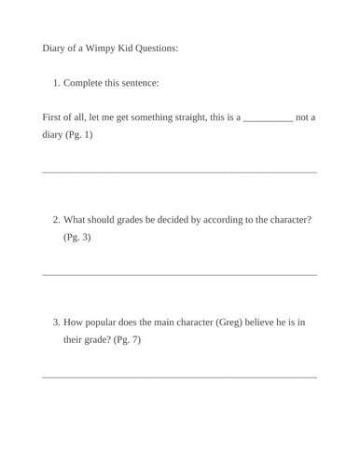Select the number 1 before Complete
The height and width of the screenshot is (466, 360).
[x=56, y=83]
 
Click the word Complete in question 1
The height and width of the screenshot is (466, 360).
[x=85, y=83]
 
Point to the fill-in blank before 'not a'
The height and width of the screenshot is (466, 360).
[x=268, y=118]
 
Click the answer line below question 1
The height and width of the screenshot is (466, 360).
[x=180, y=172]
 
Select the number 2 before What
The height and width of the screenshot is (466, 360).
[x=56, y=220]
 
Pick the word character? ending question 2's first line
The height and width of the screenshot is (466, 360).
[x=284, y=220]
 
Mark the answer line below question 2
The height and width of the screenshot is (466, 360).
[x=180, y=274]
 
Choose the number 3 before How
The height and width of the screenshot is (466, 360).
[x=56, y=322]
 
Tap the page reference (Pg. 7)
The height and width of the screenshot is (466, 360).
[x=127, y=339]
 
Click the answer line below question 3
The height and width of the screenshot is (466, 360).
[x=180, y=377]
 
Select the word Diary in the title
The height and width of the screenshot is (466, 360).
[x=55, y=48]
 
